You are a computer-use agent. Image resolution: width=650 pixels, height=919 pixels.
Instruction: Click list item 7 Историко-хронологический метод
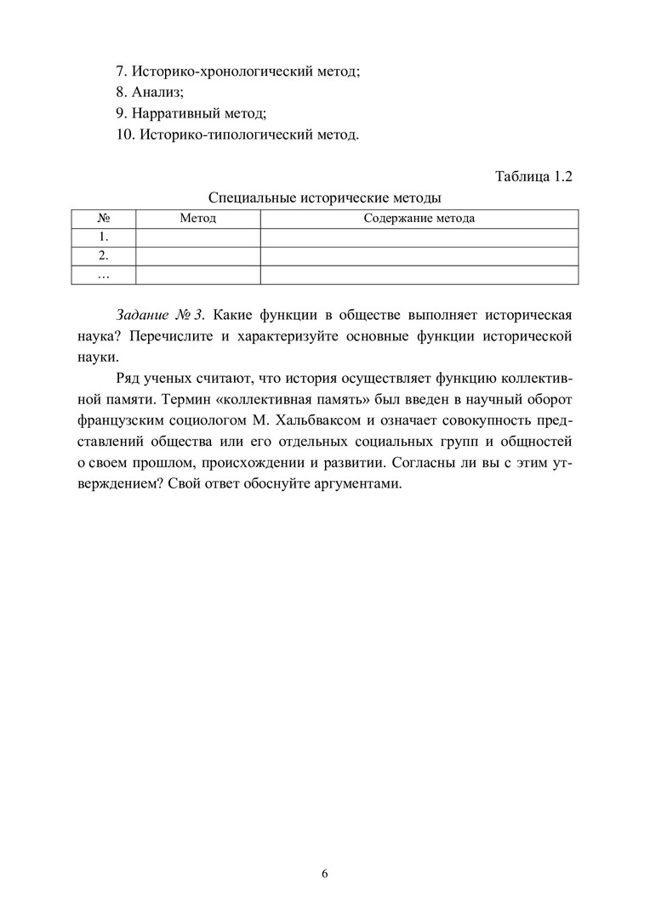click(x=238, y=72)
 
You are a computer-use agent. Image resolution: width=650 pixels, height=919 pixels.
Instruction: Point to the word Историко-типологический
click(x=222, y=134)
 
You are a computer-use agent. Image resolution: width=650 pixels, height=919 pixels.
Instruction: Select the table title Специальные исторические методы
click(x=324, y=197)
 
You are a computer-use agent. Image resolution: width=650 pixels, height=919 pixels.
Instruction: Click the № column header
click(x=103, y=219)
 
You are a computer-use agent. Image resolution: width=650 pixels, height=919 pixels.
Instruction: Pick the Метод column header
click(x=197, y=219)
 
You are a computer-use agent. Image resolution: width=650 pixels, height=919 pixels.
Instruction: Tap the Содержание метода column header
click(x=419, y=219)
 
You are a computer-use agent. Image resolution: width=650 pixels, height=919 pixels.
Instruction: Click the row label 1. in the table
click(x=103, y=237)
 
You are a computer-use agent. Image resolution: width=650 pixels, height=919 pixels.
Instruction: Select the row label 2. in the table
click(x=103, y=256)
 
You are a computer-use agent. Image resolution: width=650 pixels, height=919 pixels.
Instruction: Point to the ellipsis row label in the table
click(x=103, y=275)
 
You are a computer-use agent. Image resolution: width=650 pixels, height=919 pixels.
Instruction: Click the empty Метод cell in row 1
click(x=197, y=237)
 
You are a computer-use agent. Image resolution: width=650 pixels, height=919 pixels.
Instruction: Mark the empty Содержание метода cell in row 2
click(x=419, y=256)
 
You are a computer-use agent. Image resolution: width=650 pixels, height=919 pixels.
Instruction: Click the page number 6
click(x=324, y=874)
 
